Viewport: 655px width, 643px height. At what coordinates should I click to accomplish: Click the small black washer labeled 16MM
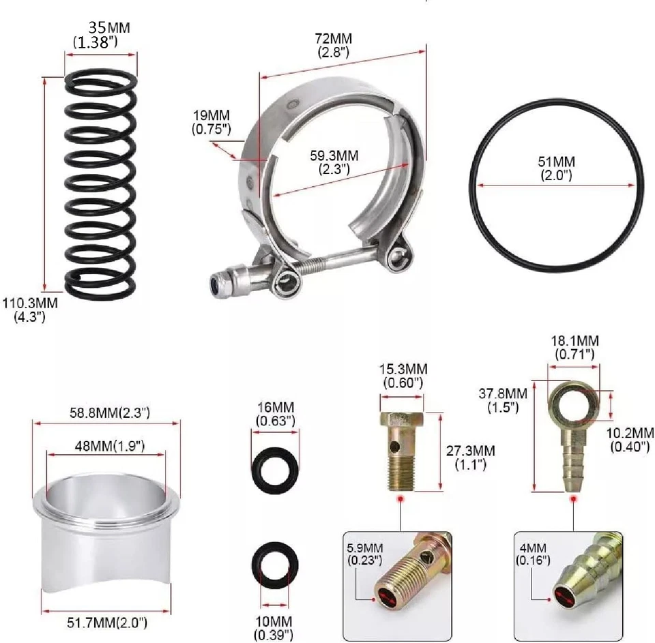pyautogui.click(x=276, y=470)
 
